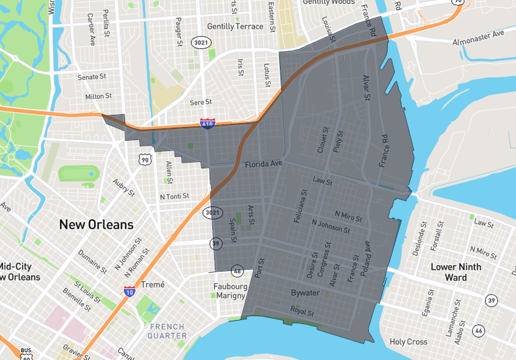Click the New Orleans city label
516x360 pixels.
[96, 225]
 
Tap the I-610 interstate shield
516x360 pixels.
[207, 123]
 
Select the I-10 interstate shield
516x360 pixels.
[130, 291]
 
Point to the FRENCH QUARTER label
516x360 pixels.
[167, 331]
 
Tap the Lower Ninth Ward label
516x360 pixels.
[456, 272]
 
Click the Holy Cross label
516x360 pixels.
[408, 342]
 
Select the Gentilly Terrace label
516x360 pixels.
[235, 27]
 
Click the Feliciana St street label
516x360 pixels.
[303, 208]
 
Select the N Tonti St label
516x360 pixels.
[174, 196]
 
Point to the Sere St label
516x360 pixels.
[200, 102]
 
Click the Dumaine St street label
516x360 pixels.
[92, 261]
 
